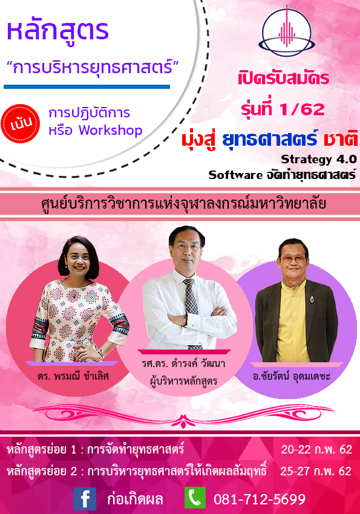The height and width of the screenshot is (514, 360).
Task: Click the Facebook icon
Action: point(85,499)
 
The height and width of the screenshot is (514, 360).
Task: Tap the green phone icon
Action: point(195,498)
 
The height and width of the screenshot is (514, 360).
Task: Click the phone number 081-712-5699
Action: point(260,499)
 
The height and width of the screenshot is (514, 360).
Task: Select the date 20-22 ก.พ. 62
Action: point(316,449)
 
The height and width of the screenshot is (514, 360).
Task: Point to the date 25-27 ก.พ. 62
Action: point(316,471)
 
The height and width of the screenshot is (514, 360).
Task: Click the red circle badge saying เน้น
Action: point(21,123)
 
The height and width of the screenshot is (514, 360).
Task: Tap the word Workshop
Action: point(111,131)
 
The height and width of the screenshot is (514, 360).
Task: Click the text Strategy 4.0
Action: point(319,159)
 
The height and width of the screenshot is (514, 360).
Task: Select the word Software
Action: point(235,175)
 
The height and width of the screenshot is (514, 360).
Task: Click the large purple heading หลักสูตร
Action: point(57,31)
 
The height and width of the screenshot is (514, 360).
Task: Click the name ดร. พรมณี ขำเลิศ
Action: point(73,376)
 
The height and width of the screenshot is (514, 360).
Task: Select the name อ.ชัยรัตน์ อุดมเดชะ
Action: point(292,376)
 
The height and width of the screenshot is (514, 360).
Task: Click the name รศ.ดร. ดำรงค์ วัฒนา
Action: point(183,363)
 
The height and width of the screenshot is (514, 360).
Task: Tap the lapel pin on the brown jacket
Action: point(312,299)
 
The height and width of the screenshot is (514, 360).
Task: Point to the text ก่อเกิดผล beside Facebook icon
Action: point(135,499)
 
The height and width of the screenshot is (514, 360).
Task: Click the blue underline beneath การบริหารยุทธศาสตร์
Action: point(87,87)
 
